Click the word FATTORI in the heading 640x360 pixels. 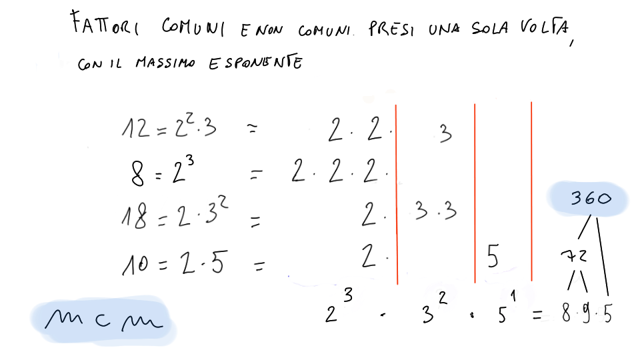[x=105, y=24]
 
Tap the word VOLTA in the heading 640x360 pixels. [x=545, y=27]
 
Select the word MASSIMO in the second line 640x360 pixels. [x=165, y=63]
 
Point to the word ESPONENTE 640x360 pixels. [x=255, y=63]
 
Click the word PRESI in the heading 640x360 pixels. [x=391, y=29]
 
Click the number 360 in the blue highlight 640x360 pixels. [x=591, y=199]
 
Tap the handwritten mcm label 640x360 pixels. [x=104, y=319]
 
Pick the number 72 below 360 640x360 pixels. [x=574, y=256]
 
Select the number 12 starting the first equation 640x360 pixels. [x=135, y=128]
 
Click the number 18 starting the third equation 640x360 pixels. [x=134, y=216]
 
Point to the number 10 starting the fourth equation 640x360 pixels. [x=135, y=264]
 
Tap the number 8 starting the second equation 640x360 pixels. [x=137, y=173]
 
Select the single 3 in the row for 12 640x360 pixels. [x=446, y=133]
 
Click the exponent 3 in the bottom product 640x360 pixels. [x=348, y=295]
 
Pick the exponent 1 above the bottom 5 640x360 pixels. [x=513, y=296]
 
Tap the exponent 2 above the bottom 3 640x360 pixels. [x=443, y=298]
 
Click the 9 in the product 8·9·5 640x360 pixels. [x=586, y=314]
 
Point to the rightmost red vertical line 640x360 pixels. [x=531, y=191]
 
